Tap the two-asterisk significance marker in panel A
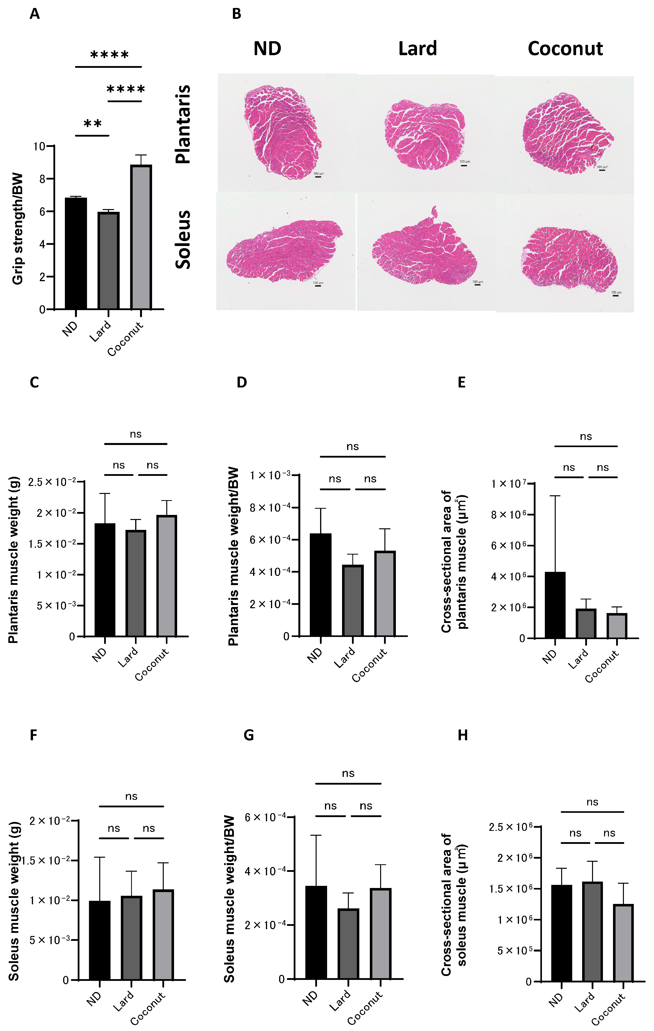(x=92, y=124)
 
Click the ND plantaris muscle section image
(x=282, y=131)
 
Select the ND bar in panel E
(x=555, y=605)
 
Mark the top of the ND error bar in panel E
(x=555, y=496)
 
